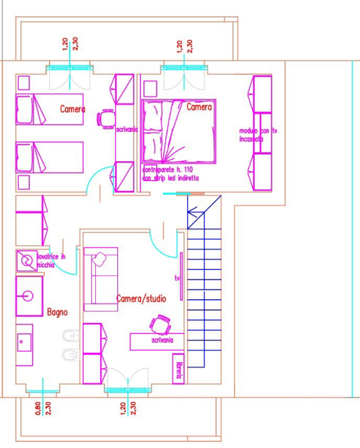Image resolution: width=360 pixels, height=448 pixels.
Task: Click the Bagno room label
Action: tap(57, 312)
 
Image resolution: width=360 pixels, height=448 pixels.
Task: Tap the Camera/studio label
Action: tap(141, 299)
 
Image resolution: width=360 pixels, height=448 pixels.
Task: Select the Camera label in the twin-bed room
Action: tap(73, 109)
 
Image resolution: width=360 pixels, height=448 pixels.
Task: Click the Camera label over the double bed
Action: tap(200, 107)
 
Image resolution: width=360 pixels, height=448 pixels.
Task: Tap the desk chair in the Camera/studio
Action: tap(160, 324)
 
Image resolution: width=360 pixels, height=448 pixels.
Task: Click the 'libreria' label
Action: tap(178, 370)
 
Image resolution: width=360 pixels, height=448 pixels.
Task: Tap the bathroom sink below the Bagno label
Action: tap(25, 341)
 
